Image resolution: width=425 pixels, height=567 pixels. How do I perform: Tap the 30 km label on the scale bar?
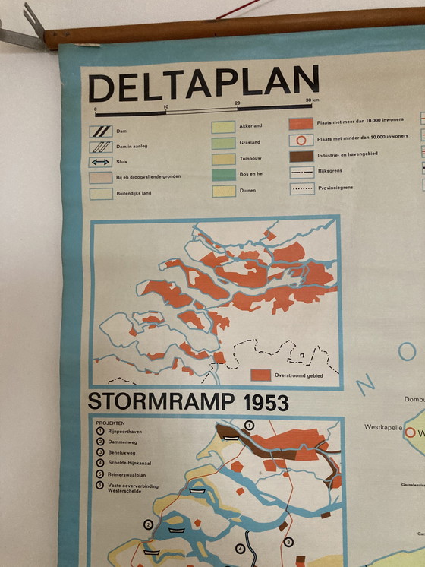coord(310,100)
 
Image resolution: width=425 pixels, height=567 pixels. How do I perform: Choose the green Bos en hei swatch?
coord(224,175)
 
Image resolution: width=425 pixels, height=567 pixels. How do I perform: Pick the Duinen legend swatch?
coord(224,191)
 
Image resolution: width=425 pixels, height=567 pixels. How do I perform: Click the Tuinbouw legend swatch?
coord(224,159)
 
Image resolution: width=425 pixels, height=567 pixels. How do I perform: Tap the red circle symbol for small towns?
coord(301,140)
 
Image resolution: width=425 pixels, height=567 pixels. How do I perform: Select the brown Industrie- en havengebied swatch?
coord(301,156)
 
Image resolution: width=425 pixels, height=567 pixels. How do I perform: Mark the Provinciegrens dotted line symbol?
coord(301,188)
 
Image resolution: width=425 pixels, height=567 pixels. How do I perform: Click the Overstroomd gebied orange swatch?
coord(260,374)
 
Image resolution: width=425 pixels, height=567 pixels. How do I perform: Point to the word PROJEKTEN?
coord(111,423)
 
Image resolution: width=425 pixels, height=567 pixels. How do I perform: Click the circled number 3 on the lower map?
coord(288,541)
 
